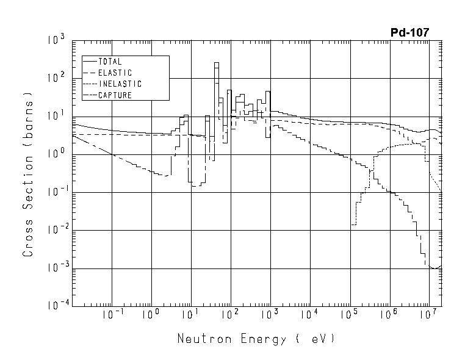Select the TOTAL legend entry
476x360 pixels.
(110, 62)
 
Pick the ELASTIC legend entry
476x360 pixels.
(115, 73)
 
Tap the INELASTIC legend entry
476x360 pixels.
(120, 84)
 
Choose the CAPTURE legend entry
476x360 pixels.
(115, 95)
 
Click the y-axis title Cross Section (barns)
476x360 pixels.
(27, 173)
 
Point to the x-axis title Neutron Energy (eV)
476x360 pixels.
(256, 338)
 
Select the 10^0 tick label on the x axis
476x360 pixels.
(150, 315)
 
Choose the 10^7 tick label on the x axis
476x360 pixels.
(428, 315)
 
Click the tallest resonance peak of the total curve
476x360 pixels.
(216, 63)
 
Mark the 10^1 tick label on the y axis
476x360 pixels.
(57, 117)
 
